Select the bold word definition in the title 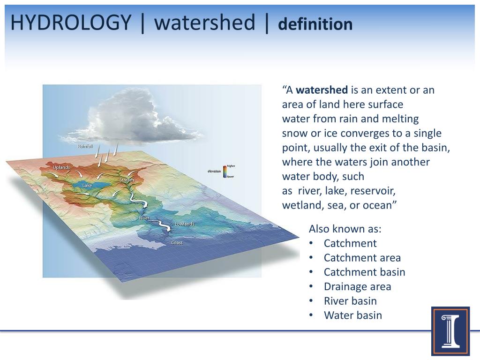coord(315,24)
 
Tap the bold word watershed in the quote coord(322,90)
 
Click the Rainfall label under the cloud coord(85,146)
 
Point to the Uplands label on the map coord(61,167)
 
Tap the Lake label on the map coord(87,185)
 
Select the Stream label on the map coord(127,180)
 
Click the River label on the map coord(144,218)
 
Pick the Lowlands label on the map coord(184,224)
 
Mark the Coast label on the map coord(177,242)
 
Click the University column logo coord(450,331)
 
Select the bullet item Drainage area coord(357,286)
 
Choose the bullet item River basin coord(350,301)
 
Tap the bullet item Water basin coord(352,315)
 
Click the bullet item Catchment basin coord(364,272)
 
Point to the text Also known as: coord(345,229)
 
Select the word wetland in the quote coord(299,205)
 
